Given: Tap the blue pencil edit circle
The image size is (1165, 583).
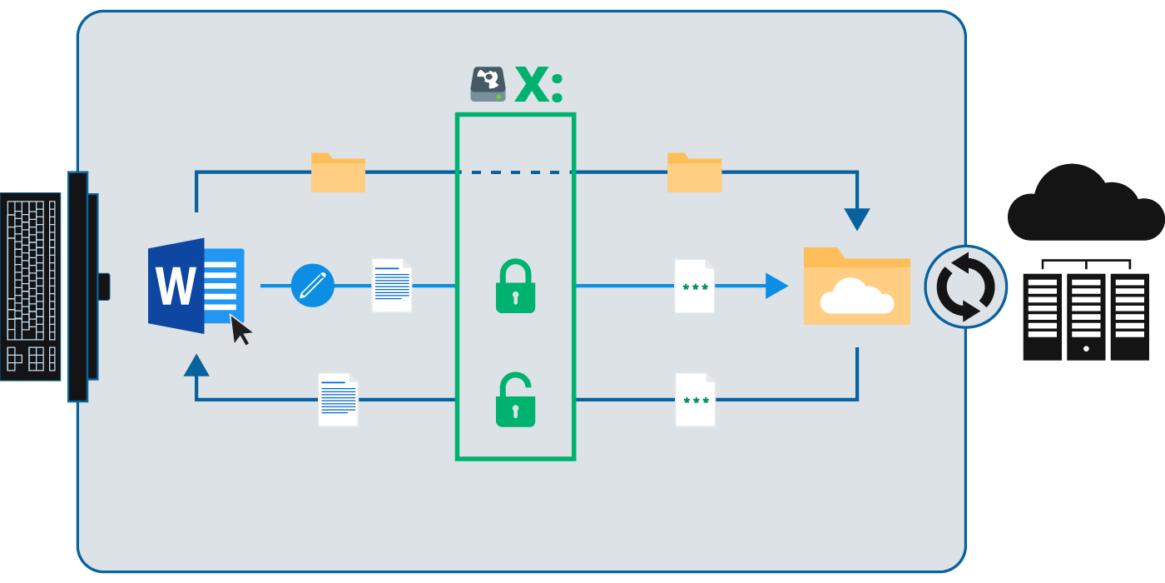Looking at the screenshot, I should click(x=312, y=286).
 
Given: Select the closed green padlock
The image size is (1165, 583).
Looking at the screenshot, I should click(x=515, y=287).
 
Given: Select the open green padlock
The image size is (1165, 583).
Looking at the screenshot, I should click(x=515, y=401).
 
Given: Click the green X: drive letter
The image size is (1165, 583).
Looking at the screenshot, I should click(x=538, y=85).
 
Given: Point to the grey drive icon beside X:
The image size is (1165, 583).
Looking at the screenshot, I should click(x=488, y=84).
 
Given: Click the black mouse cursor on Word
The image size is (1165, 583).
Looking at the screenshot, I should click(x=240, y=329).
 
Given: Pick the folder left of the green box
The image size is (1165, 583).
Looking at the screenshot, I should click(x=338, y=172).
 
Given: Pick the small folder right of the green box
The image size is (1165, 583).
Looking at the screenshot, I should click(x=694, y=172).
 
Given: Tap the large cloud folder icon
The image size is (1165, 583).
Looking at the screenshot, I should click(x=856, y=287).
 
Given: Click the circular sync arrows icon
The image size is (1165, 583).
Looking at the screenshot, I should click(x=965, y=287).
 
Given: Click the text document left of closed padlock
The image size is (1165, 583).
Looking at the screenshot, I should click(x=391, y=286).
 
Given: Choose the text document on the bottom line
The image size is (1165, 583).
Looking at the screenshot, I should click(x=338, y=400).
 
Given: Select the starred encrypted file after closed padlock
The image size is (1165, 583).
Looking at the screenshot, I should click(x=694, y=287).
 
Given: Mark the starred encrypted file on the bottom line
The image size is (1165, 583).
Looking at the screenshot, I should click(x=695, y=400).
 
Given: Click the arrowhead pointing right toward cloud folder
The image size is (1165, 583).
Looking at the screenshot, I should click(x=775, y=286).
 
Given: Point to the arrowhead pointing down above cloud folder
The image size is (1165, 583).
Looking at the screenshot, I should click(x=856, y=218).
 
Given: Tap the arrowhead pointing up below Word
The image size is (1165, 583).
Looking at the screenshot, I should click(x=196, y=366).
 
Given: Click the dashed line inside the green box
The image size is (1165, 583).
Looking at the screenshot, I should click(x=515, y=172).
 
